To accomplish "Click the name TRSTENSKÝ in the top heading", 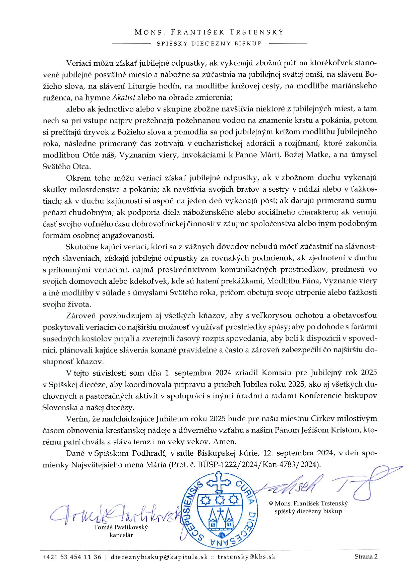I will pos(256,32).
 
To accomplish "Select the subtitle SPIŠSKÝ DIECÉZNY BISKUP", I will pos(209,43).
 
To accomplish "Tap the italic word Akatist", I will pos(124,97).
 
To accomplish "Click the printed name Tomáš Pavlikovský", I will pos(121,527).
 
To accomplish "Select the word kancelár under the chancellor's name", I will pos(121,535).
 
